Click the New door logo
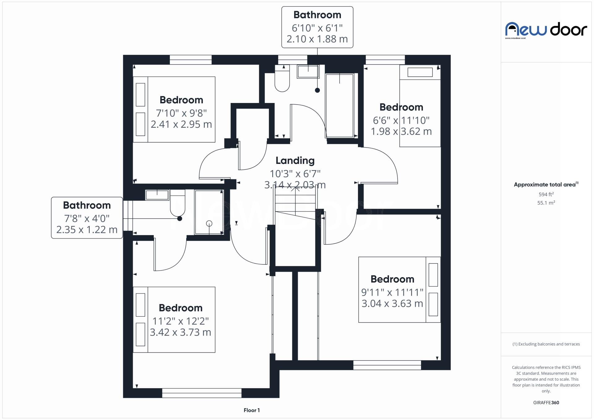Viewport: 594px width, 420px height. pos(546,30)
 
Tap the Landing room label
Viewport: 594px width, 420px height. pos(295,160)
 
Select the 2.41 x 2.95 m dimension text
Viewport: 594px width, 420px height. pos(181,124)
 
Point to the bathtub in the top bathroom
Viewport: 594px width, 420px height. pos(339,105)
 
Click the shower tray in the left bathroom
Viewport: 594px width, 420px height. pos(209,212)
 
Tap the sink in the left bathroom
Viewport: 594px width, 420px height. pos(157,195)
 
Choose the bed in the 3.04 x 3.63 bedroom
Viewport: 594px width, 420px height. pos(399,289)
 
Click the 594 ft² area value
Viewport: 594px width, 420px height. pos(546,194)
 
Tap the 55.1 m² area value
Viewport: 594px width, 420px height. pos(546,203)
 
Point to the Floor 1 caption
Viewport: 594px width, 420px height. pos(252,410)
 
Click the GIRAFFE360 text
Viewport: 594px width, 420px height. pos(546,402)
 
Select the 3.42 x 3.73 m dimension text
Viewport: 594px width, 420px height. pos(180,332)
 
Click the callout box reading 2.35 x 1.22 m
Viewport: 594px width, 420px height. pos(87,218)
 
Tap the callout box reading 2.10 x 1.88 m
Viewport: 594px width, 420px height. pos(317,27)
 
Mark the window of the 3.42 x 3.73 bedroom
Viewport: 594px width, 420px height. pos(201,393)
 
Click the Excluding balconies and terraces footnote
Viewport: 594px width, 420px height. pos(546,344)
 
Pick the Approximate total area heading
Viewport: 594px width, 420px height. pos(545,185)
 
